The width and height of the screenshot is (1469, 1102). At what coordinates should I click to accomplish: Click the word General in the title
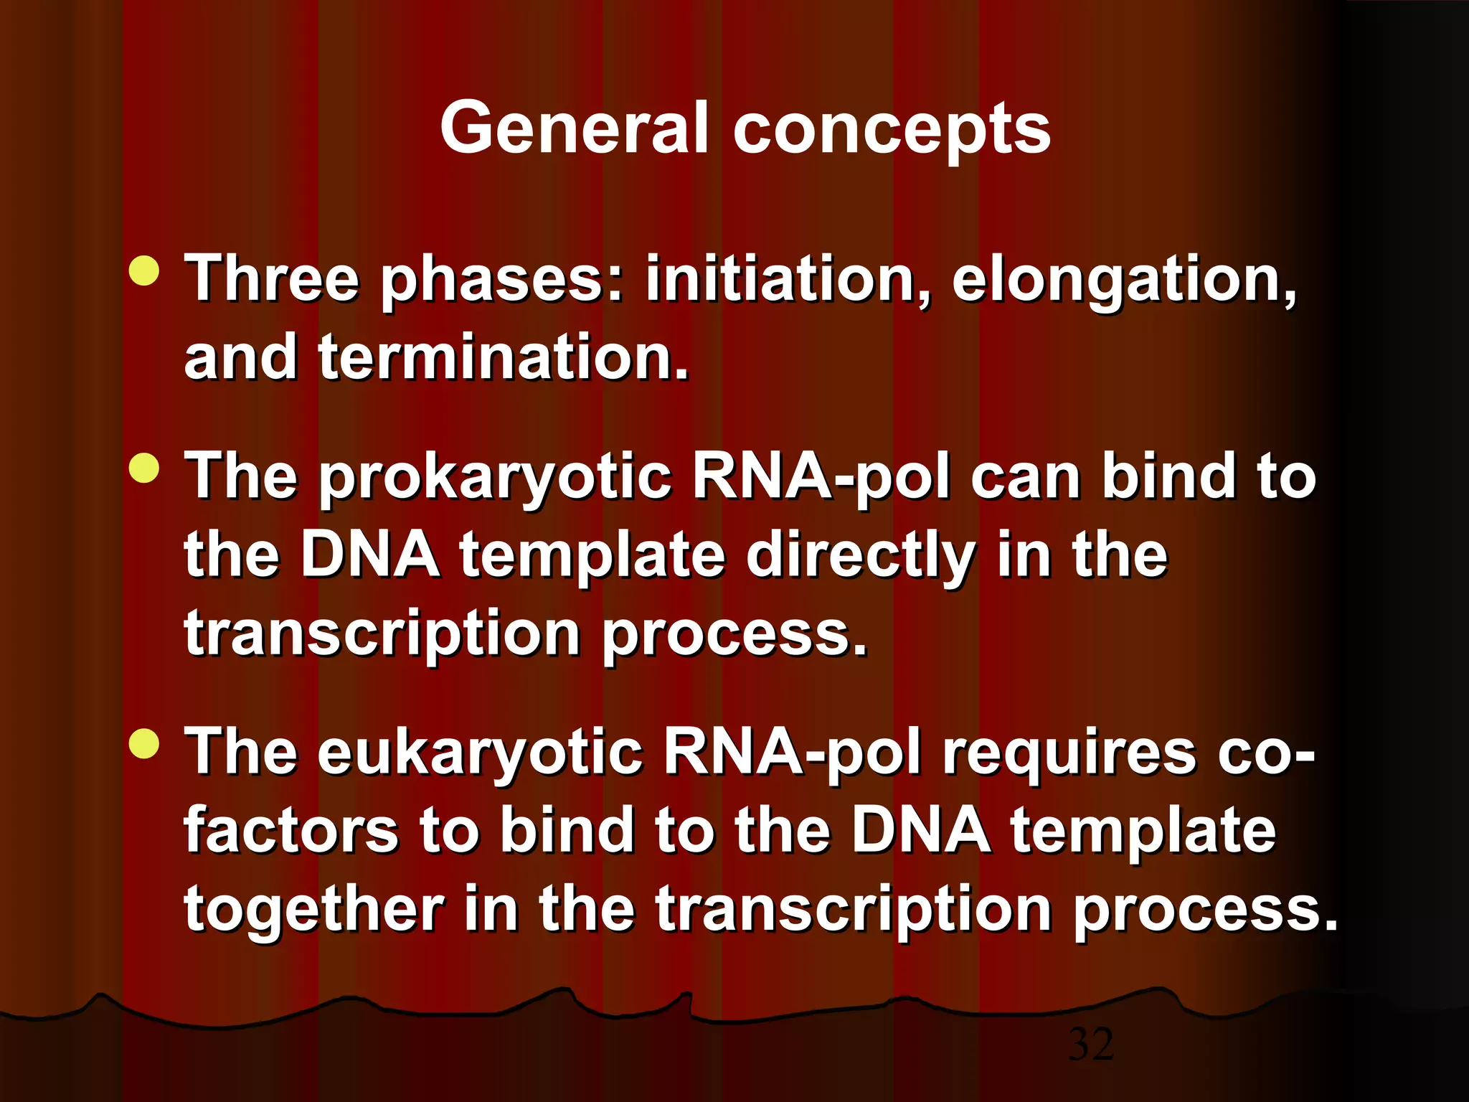point(575,128)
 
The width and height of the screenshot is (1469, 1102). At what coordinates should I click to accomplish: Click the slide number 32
point(1091,1044)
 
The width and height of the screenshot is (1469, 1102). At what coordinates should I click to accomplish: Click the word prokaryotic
point(495,479)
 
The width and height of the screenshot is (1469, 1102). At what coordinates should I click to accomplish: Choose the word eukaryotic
point(480,754)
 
